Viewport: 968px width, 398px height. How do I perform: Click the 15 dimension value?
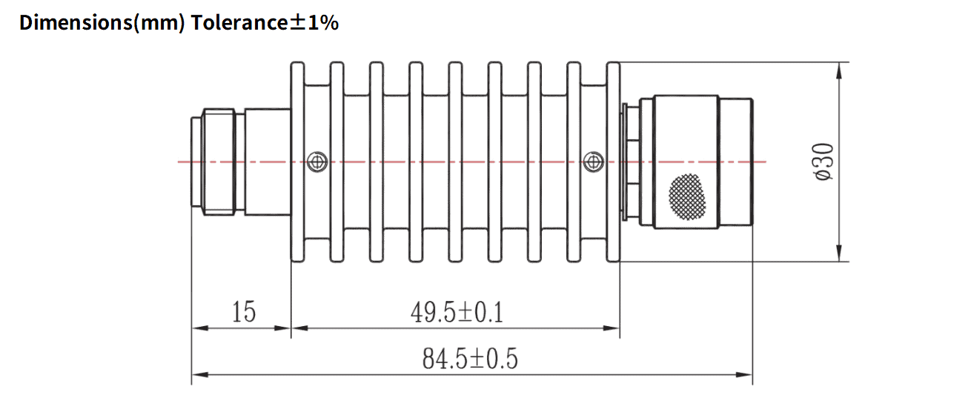tap(242, 312)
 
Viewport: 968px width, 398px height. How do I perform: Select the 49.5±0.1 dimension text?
tap(457, 313)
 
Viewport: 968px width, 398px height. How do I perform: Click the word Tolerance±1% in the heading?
tap(265, 22)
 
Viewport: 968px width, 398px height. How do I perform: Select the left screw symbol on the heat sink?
tap(317, 161)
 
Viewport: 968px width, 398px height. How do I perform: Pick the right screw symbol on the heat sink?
tap(592, 161)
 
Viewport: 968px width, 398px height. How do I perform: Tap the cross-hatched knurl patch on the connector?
tap(687, 196)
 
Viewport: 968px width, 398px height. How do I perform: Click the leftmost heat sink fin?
tap(297, 162)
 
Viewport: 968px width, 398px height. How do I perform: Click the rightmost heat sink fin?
tap(613, 162)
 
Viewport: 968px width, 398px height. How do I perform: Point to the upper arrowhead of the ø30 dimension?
tap(839, 71)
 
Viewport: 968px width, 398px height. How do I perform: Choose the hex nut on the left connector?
tap(219, 162)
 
